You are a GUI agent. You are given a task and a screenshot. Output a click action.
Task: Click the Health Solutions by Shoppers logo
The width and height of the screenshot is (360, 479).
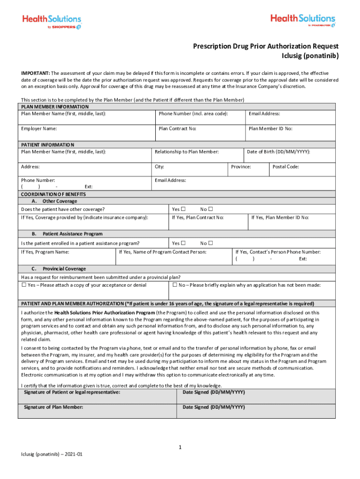[x=52, y=22]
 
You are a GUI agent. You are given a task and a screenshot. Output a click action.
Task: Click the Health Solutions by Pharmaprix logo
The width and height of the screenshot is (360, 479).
[x=302, y=21]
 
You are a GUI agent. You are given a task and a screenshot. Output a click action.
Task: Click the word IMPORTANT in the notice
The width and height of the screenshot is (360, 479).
[x=36, y=73]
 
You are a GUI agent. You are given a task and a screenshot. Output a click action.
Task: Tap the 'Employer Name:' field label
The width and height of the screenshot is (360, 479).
[x=39, y=129]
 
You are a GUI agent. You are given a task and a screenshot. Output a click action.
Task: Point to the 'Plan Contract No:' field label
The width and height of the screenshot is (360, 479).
[x=177, y=129]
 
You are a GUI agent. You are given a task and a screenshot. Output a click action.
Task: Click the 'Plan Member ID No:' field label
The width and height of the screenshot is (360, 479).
[x=270, y=129]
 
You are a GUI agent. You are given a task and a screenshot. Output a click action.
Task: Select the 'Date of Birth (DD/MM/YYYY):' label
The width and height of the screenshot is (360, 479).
[x=278, y=152]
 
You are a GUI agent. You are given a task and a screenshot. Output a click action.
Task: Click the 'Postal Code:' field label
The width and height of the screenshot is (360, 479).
[x=286, y=167]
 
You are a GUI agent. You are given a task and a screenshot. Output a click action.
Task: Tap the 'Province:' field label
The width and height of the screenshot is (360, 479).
[x=241, y=167]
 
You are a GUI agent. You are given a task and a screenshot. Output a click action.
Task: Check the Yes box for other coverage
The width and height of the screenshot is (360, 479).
[x=183, y=209]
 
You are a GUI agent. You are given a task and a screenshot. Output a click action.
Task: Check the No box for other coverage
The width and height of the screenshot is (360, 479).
[x=210, y=209]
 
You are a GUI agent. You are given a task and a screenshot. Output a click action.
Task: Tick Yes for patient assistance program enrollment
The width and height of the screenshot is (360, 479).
[x=183, y=243]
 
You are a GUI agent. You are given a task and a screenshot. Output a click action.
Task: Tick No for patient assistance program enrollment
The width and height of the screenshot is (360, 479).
[x=210, y=243]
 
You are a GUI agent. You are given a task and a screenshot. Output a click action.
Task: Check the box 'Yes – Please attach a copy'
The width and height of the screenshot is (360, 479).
[x=24, y=285]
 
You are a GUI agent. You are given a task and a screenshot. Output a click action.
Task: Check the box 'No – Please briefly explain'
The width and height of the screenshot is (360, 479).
[x=175, y=285]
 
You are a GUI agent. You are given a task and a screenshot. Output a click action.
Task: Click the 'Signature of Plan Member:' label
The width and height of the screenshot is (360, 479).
[x=53, y=407]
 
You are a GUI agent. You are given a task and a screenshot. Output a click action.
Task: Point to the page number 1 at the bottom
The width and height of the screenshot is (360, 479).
[x=180, y=448]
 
